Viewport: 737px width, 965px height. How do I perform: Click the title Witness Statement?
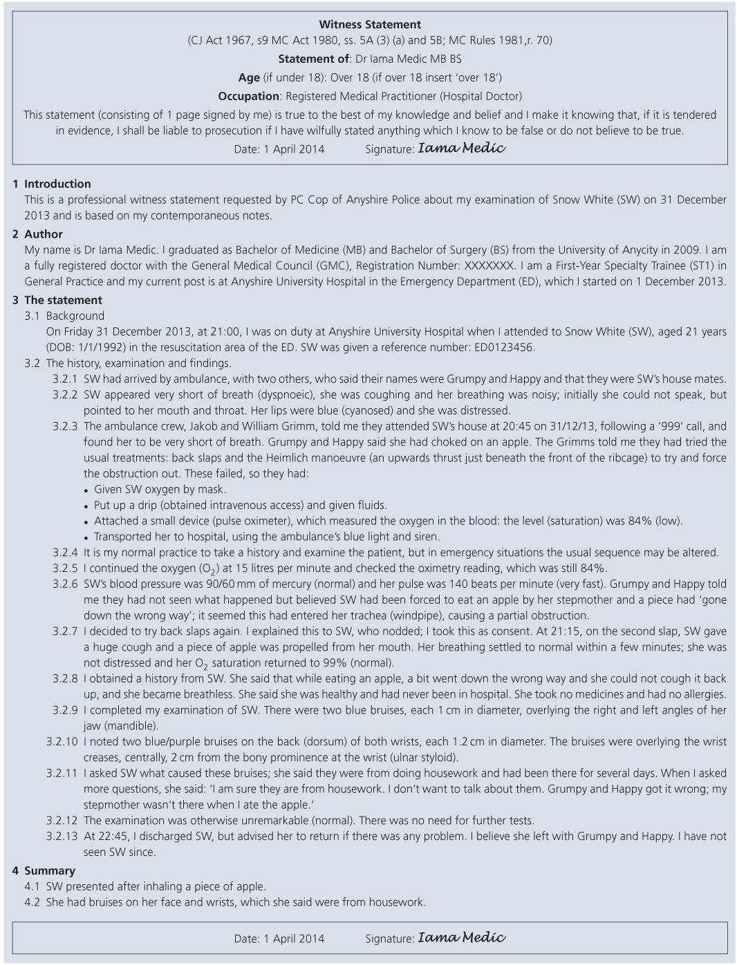tap(370, 25)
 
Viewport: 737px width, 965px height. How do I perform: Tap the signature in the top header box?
tap(461, 148)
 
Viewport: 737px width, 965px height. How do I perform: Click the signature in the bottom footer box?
tap(461, 937)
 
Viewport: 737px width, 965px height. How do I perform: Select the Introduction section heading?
tap(57, 184)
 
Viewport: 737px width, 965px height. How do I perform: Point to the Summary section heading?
tap(50, 870)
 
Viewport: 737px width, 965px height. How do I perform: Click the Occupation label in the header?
tap(249, 96)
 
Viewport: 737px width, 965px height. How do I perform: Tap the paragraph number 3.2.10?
tap(62, 741)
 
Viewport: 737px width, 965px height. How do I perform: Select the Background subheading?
tap(75, 316)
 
